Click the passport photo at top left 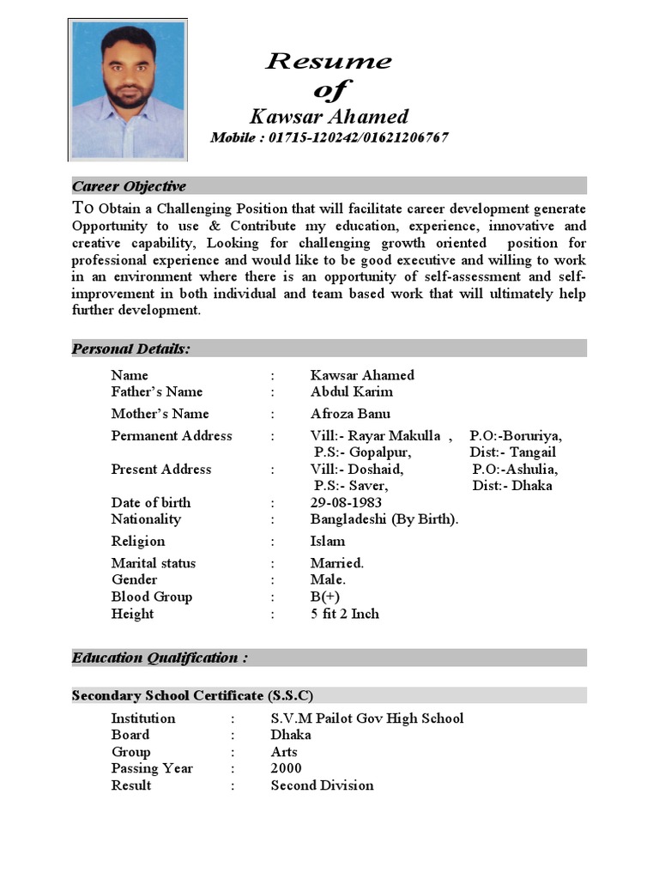(127, 90)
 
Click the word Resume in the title (329, 61)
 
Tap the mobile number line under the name (329, 138)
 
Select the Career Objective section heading (129, 186)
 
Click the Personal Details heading (131, 349)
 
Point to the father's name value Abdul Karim (351, 391)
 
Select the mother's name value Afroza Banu (350, 414)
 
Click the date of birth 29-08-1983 (346, 503)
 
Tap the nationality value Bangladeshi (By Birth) (384, 519)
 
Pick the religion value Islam (328, 542)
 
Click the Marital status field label (153, 564)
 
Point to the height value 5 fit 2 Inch (344, 615)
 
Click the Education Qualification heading (160, 658)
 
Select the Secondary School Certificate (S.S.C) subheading (192, 695)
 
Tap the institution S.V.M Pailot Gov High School (366, 718)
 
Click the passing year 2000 (286, 769)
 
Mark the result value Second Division (322, 785)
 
